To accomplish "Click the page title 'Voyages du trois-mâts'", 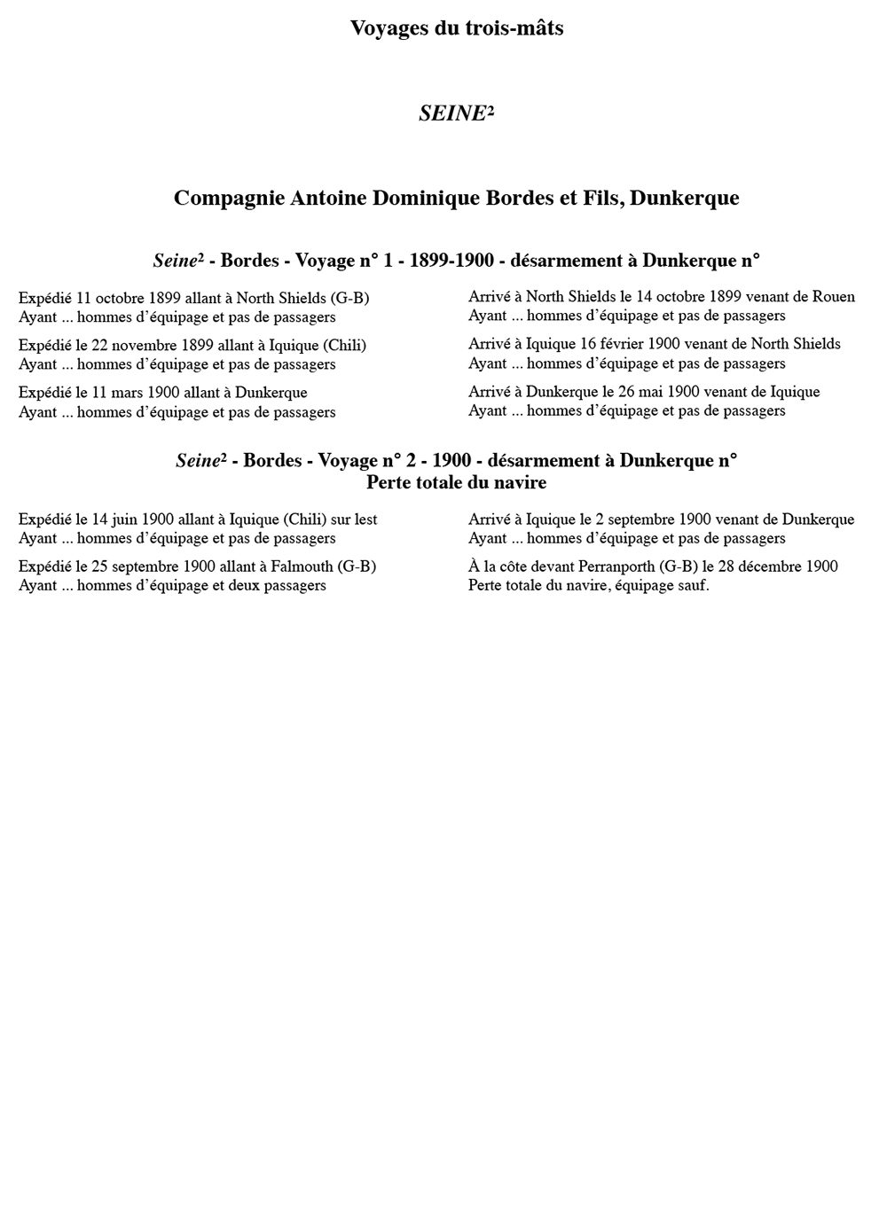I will [456, 28].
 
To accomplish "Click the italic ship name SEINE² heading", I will [456, 113].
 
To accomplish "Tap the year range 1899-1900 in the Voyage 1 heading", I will [451, 261].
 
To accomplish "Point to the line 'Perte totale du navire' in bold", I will [456, 483].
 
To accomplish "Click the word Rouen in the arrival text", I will [834, 297].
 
